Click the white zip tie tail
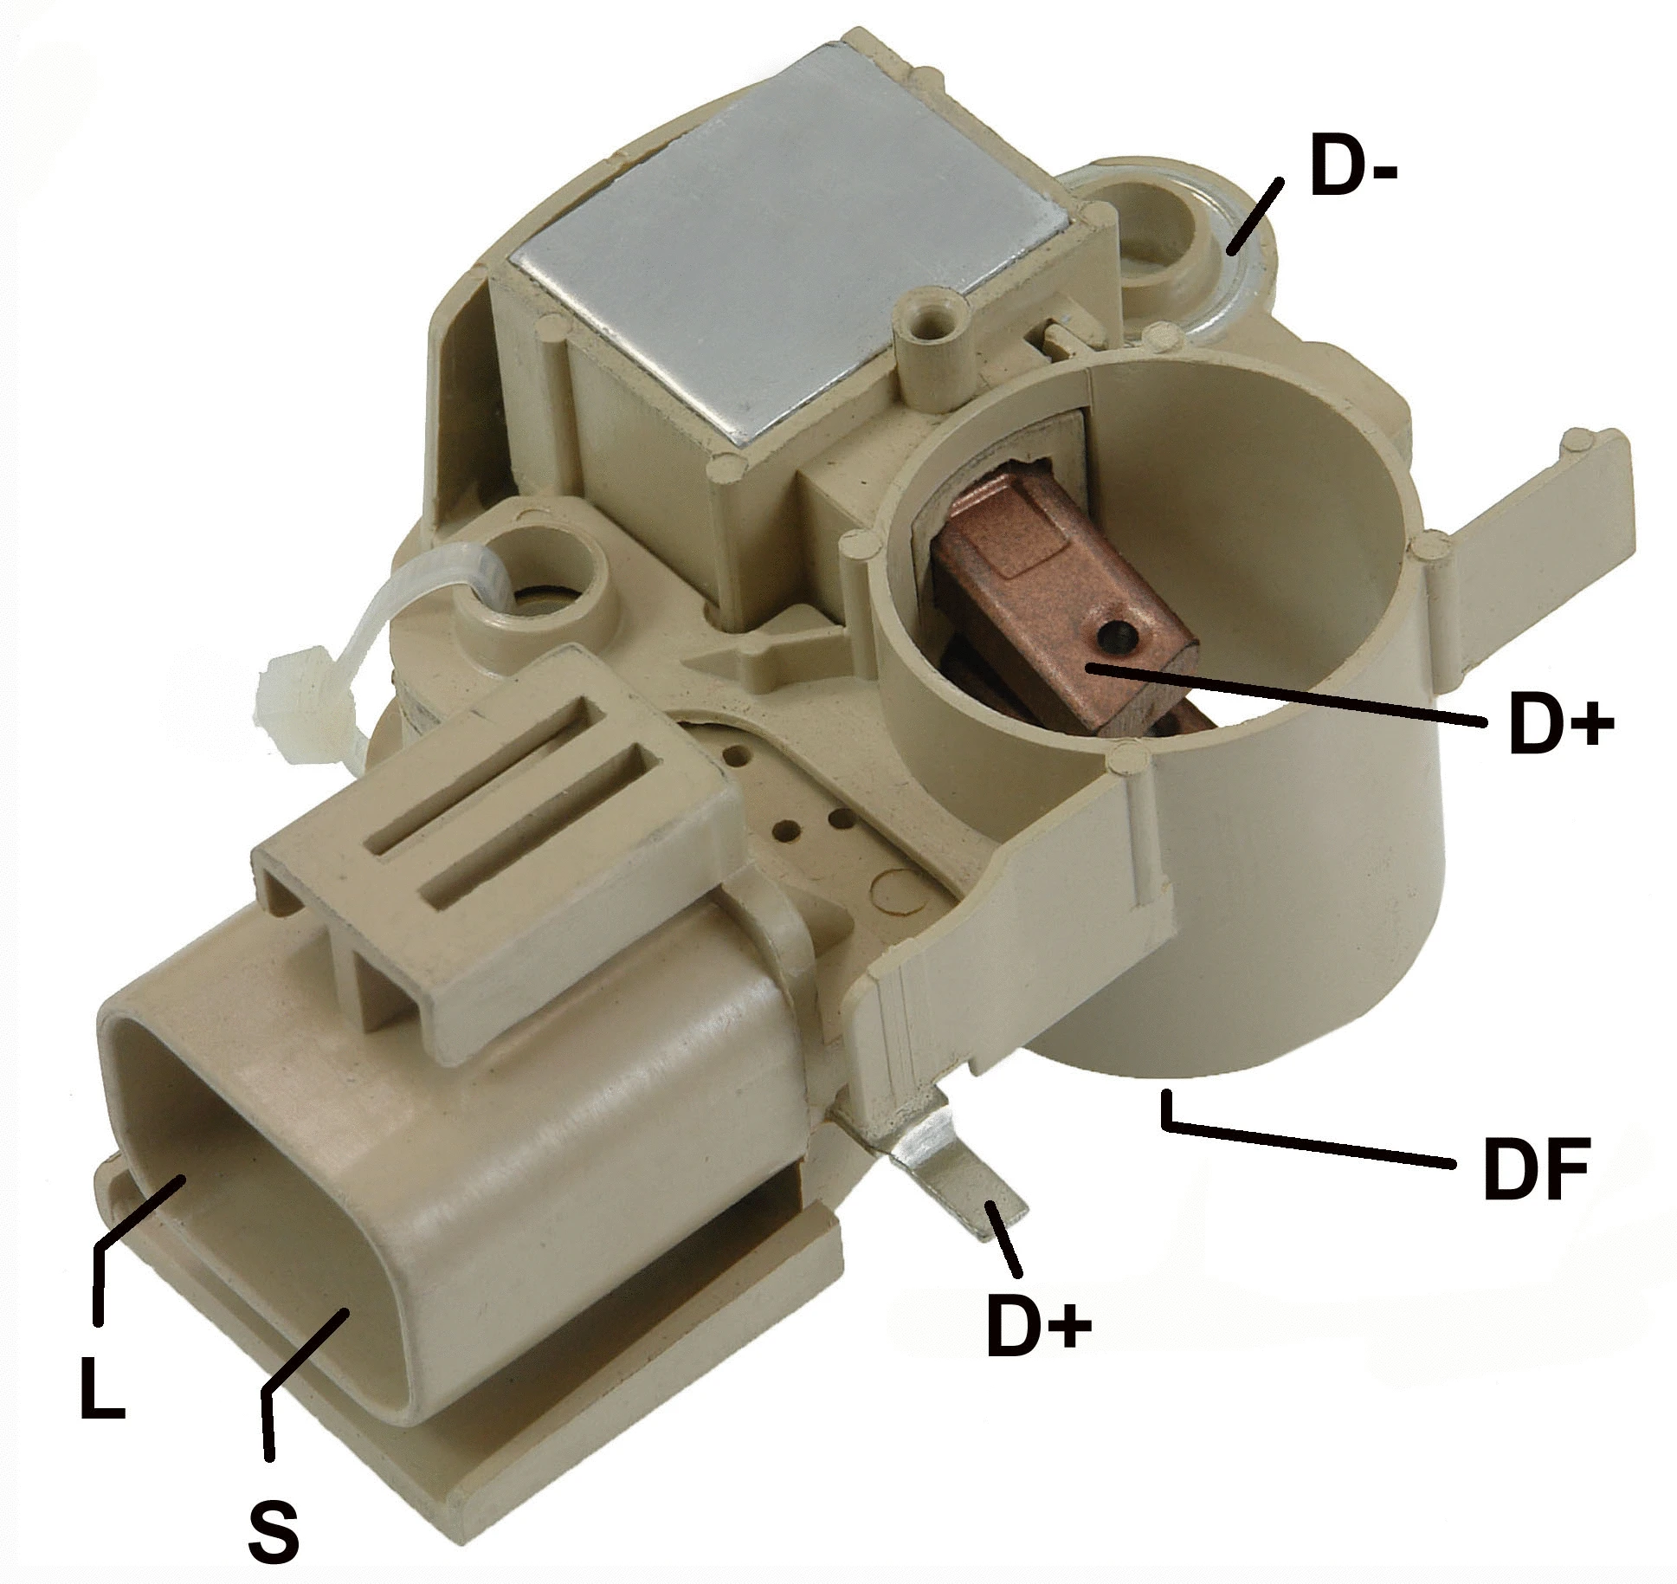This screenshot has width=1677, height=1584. click(299, 684)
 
